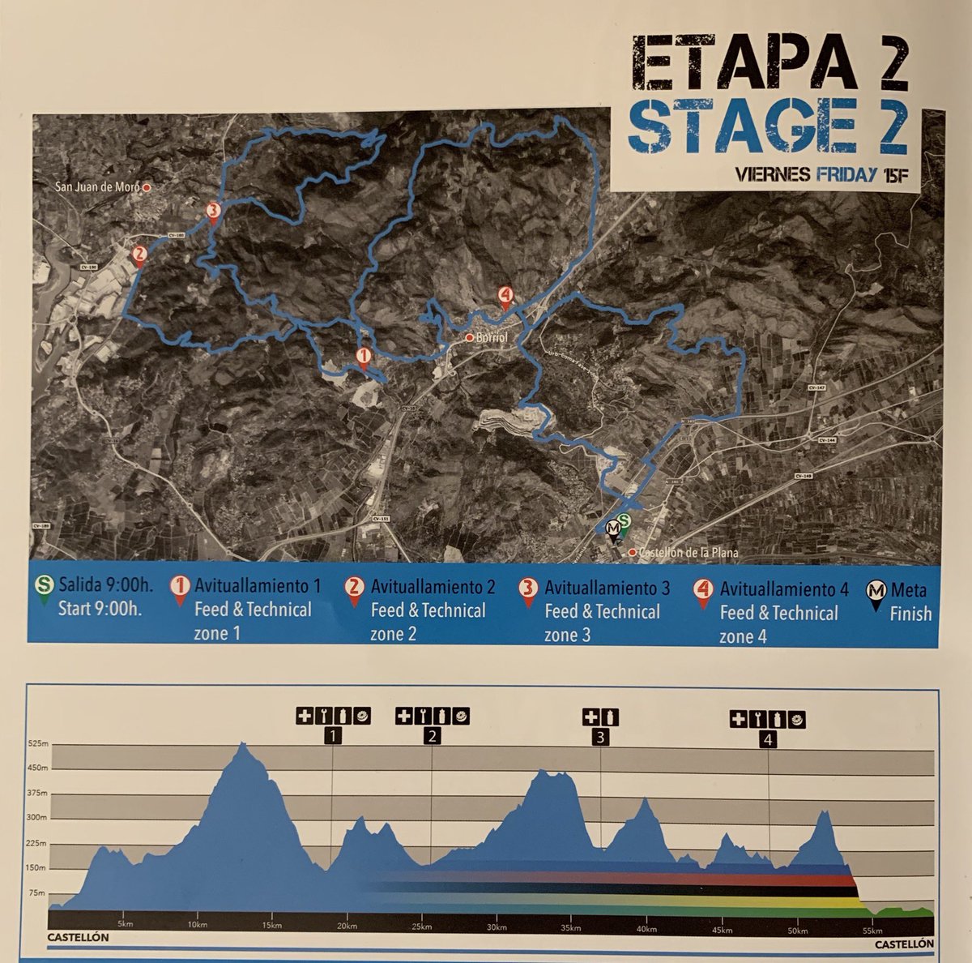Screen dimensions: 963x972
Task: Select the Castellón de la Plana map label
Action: (x=688, y=553)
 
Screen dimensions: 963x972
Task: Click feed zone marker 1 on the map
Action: (x=364, y=357)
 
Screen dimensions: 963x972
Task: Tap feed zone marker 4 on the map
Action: (x=505, y=296)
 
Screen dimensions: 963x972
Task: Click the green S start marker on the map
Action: (x=624, y=523)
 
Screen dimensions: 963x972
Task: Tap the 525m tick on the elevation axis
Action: (x=37, y=743)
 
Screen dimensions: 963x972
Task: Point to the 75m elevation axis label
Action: (x=37, y=892)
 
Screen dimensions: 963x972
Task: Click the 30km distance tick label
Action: (x=497, y=928)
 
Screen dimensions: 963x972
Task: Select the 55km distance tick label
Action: (x=872, y=928)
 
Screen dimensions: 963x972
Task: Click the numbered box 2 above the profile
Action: (x=432, y=736)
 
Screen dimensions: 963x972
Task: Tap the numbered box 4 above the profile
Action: (x=769, y=738)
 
